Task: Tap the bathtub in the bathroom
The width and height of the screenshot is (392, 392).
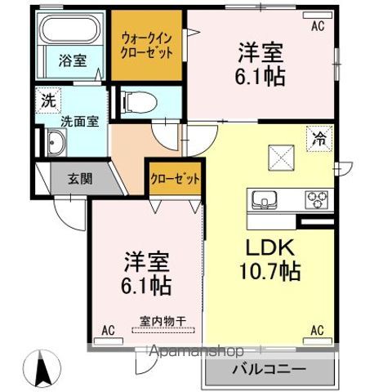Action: click(69, 32)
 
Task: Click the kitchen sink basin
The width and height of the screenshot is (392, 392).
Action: click(265, 198)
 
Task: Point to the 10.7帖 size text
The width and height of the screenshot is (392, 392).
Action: click(270, 271)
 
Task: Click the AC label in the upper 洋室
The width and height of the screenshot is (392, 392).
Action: click(317, 26)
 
